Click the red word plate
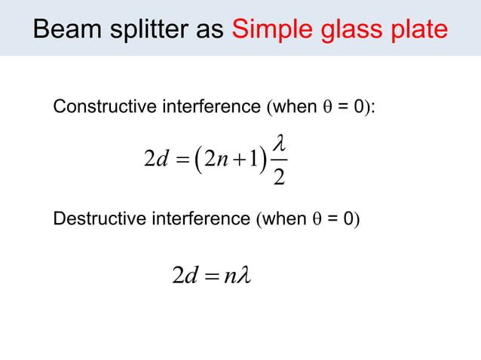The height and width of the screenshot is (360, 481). point(417,30)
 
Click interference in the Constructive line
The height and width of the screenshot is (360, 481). point(207,108)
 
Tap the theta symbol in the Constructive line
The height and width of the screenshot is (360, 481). point(326,108)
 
